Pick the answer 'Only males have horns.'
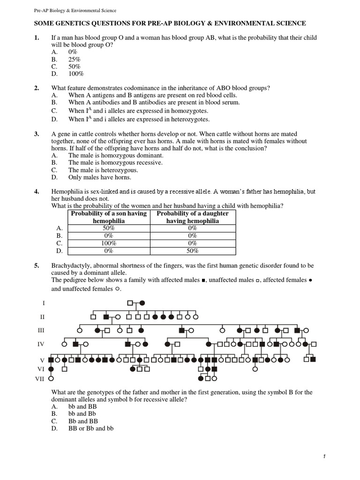100,178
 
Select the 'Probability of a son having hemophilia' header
109,217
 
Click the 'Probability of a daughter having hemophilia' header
193,217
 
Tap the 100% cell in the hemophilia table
109,243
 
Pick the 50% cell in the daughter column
193,251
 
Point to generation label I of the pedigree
44,303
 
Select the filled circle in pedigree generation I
142,303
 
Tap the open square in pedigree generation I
131,303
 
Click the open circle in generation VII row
51,377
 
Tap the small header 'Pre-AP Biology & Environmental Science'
76,10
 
